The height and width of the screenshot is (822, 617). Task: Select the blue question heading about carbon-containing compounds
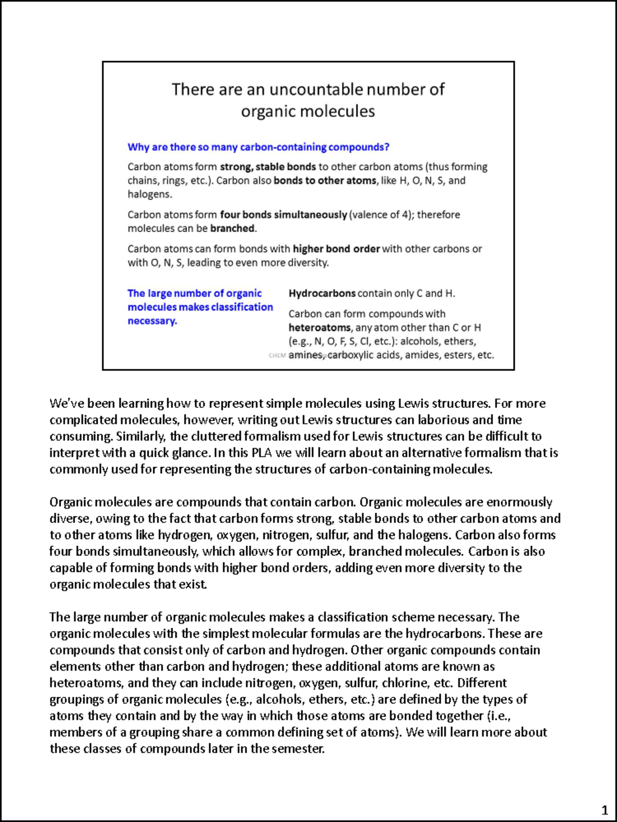point(258,147)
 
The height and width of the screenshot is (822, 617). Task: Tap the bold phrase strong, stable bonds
point(268,167)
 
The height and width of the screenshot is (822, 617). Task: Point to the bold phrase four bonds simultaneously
point(283,215)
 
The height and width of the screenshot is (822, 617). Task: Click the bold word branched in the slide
point(232,229)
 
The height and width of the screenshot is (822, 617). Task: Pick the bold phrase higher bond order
point(336,249)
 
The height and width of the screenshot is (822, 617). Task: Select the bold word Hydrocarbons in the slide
point(322,293)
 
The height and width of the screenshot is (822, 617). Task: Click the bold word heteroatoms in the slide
point(319,328)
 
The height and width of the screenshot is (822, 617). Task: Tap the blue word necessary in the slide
point(152,321)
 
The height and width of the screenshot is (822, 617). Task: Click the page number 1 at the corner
point(605,811)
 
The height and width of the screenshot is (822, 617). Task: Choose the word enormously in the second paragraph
point(519,502)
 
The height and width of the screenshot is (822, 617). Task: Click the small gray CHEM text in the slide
point(277,356)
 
